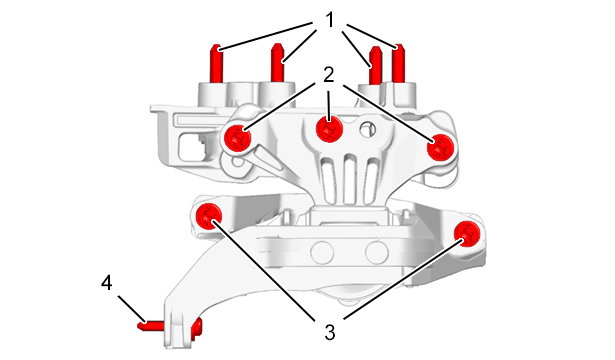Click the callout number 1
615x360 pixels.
330,20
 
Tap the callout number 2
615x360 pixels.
329,75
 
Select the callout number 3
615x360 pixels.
330,333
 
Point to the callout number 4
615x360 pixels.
107,282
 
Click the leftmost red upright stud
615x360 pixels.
217,64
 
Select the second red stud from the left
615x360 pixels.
278,63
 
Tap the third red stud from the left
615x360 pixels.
376,65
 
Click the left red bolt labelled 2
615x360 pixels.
238,138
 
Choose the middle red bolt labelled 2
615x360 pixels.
329,129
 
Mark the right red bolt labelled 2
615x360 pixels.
440,147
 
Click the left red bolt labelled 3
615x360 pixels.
209,217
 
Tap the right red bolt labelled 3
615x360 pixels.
467,234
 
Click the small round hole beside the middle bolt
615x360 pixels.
366,129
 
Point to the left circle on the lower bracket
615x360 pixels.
322,252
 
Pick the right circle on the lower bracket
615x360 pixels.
377,252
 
